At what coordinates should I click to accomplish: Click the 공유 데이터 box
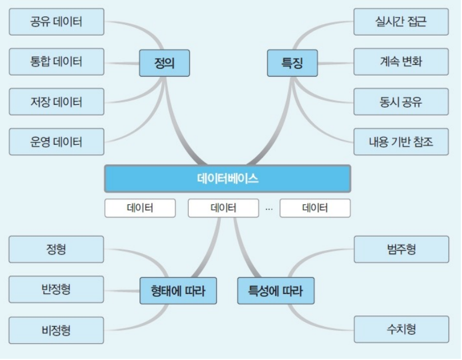point(56,22)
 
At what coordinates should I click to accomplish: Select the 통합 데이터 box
point(56,62)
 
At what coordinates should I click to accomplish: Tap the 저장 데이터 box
point(56,102)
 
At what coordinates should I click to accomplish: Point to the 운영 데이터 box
point(56,142)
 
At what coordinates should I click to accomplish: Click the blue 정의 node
point(165,63)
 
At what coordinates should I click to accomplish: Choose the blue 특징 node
point(292,63)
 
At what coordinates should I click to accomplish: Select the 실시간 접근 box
point(401,22)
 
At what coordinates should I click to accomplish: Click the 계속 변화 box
point(401,62)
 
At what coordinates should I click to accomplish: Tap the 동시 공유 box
point(401,102)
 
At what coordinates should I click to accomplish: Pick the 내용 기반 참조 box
point(401,142)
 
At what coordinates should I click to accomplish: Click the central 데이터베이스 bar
point(227,179)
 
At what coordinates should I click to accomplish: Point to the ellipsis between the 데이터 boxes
point(269,208)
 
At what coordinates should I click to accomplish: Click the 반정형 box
point(56,290)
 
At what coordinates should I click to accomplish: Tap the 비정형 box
point(56,330)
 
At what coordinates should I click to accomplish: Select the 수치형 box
point(401,330)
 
